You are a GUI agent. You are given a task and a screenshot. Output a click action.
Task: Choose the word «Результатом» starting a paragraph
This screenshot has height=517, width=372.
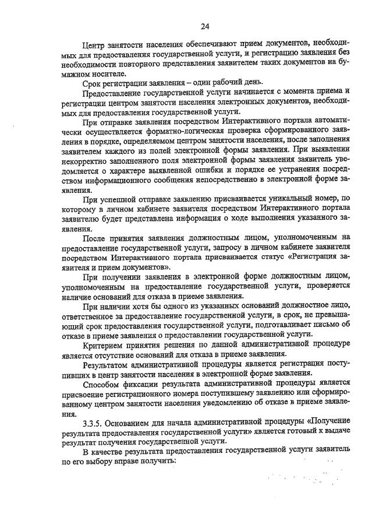tap(109, 364)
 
